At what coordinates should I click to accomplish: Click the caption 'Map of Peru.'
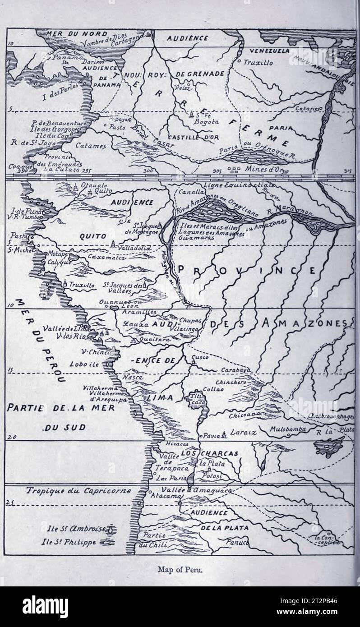(180, 569)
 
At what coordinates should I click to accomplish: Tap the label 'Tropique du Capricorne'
(72, 490)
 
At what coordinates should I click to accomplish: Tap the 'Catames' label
(90, 146)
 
